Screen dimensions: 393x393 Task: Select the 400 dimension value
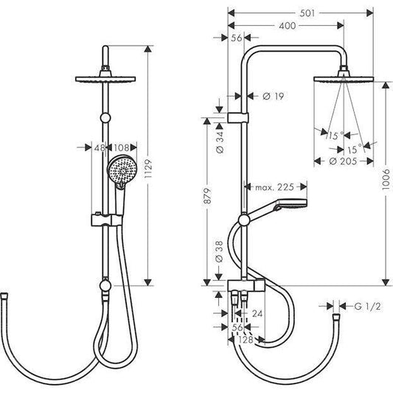tap(288, 26)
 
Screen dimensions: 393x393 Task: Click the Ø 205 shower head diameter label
tap(342, 161)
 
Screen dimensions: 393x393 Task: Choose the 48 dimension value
tap(99, 147)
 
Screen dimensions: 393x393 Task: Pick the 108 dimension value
tap(122, 147)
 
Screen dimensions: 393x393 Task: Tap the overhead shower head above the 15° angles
tap(344, 77)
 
